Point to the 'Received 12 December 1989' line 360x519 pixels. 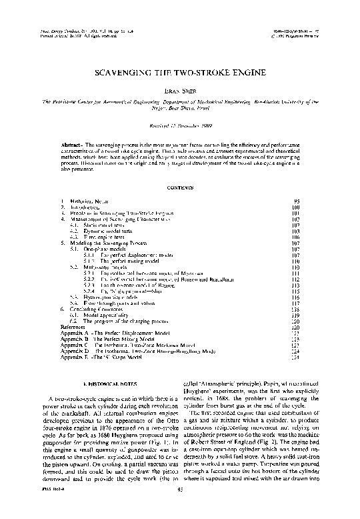pos(179,124)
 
